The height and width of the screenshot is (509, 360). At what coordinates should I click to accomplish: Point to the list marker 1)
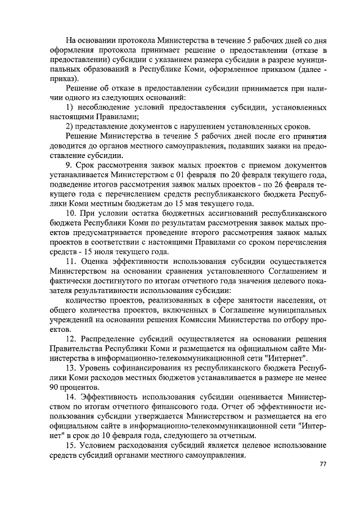(70, 107)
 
